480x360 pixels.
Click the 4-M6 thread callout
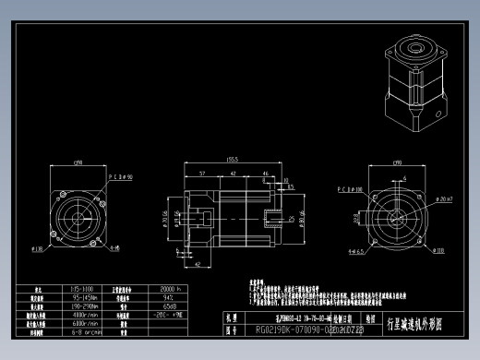pos(114,247)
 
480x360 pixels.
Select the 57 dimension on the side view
pos(201,173)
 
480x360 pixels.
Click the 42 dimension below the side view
pos(198,265)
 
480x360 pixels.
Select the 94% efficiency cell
pos(169,298)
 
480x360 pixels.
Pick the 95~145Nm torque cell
pos(85,298)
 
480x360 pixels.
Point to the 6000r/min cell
pos(85,323)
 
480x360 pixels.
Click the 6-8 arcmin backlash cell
pos(85,331)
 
